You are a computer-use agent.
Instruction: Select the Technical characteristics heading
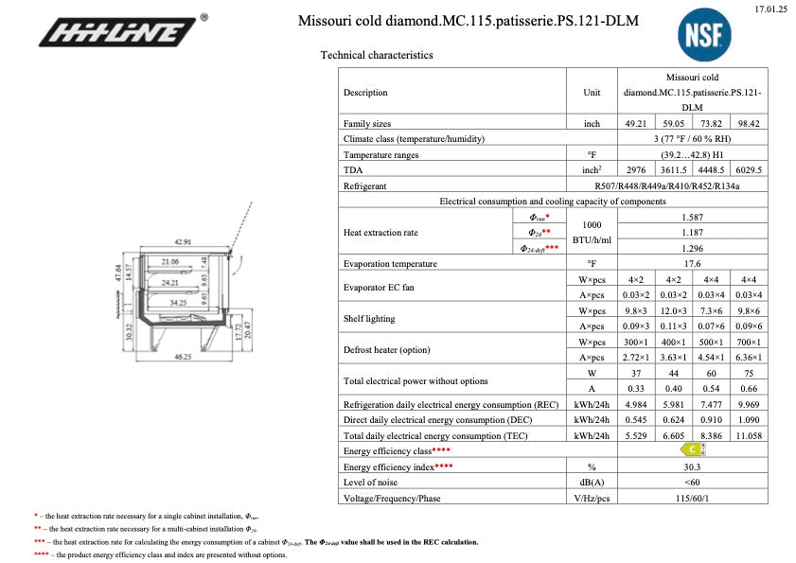pos(377,55)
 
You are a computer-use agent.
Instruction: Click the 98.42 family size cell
pos(749,123)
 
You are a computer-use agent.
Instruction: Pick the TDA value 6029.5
pos(749,169)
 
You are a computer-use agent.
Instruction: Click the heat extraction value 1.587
pos(693,216)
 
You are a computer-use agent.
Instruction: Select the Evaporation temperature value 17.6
pos(693,263)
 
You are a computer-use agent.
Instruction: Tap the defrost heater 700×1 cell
pos(749,342)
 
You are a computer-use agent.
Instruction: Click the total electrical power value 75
pos(749,373)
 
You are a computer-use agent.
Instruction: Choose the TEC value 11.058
pos(749,435)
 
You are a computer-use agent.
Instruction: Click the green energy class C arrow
pos(693,450)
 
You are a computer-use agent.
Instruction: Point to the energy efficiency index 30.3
pos(693,466)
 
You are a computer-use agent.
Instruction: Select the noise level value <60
pos(693,483)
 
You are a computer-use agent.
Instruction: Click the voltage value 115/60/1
pos(693,498)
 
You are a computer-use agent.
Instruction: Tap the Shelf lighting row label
pos(370,318)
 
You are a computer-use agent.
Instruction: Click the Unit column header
pos(593,93)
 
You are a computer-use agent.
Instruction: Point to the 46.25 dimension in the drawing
pos(182,357)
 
